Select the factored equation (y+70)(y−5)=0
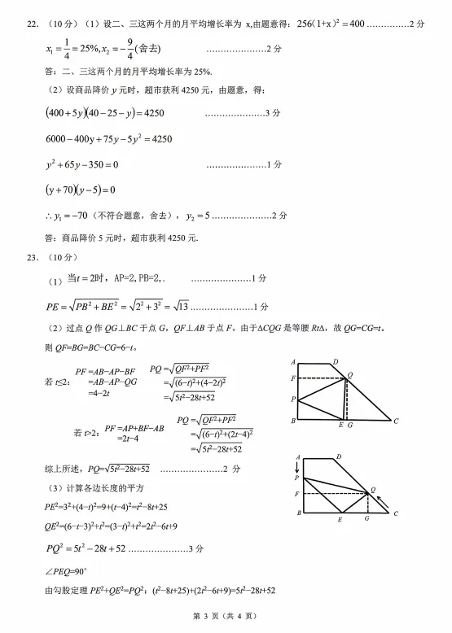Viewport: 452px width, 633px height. click(81, 190)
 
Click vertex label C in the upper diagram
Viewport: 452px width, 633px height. click(396, 422)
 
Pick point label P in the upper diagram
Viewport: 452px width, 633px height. click(292, 399)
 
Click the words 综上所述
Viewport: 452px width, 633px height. click(63, 469)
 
